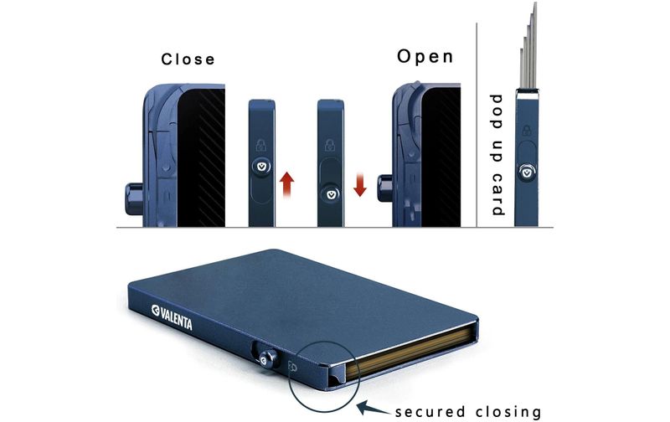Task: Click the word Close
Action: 188,59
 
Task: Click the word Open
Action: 425,56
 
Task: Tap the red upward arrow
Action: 286,184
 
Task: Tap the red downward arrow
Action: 360,184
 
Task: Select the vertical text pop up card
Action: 497,155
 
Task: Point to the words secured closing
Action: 468,412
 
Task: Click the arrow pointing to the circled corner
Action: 373,409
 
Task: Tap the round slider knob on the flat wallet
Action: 268,358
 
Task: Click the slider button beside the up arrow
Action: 261,165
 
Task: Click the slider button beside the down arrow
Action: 331,193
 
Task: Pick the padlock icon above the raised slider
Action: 261,145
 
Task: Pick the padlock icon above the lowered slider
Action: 330,145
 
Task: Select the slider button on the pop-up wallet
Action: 528,172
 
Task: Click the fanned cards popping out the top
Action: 528,45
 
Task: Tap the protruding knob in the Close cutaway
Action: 134,198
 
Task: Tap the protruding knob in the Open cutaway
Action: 385,188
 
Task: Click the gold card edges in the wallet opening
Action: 410,350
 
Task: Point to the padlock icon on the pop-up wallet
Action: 527,130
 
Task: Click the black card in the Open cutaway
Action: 441,157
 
